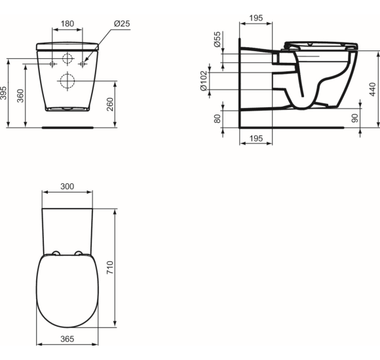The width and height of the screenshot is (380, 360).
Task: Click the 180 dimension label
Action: [67, 23]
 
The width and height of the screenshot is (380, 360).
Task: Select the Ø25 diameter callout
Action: [121, 23]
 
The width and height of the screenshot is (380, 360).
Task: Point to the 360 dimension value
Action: [20, 96]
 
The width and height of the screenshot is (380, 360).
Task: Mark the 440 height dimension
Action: [372, 90]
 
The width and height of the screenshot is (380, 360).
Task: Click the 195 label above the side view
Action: [256, 18]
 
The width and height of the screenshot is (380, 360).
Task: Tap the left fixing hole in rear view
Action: [52, 63]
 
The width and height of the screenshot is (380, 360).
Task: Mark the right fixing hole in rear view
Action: [83, 63]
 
